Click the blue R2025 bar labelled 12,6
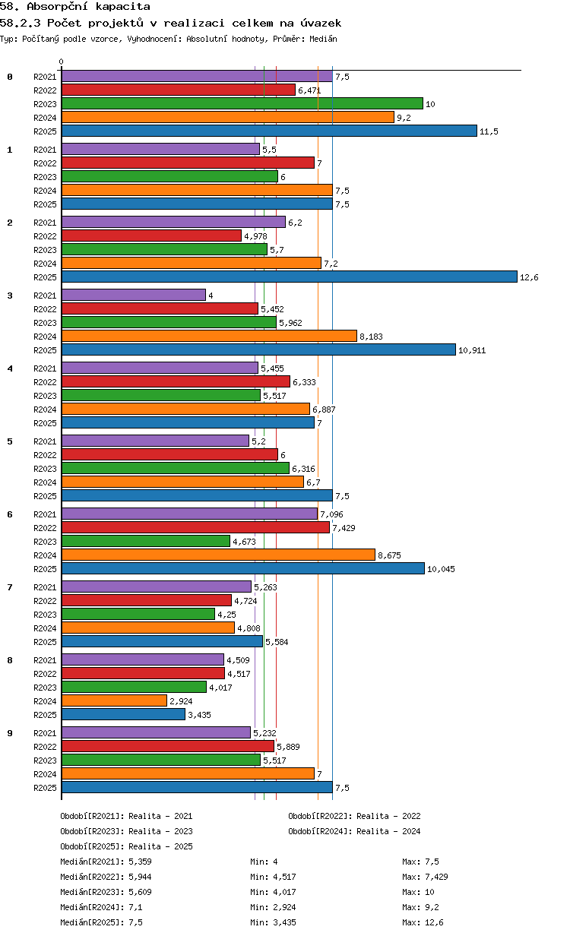click(x=290, y=277)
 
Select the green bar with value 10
click(x=242, y=103)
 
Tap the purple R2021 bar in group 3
click(x=134, y=295)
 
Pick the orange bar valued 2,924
click(x=115, y=700)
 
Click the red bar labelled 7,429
click(x=195, y=527)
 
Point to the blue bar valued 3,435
click(x=123, y=714)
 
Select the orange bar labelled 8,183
click(x=209, y=336)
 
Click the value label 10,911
click(x=472, y=350)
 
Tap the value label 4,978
click(x=255, y=236)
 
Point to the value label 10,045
click(x=441, y=569)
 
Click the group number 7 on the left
click(x=10, y=587)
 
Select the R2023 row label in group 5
click(x=45, y=469)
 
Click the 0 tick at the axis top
click(x=62, y=62)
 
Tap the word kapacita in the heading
click(x=123, y=7)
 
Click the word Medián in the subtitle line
click(x=323, y=39)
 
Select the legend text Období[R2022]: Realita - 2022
click(x=354, y=816)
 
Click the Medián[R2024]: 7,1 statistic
click(x=102, y=907)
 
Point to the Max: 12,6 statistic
click(x=423, y=922)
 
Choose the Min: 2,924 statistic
click(x=273, y=907)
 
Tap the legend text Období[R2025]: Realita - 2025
click(x=127, y=846)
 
